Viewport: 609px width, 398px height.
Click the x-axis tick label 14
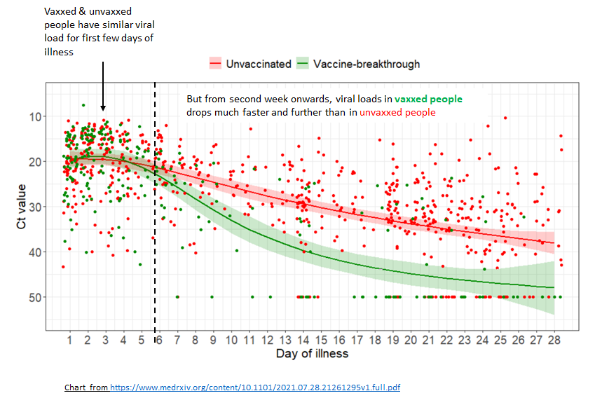[x=303, y=340]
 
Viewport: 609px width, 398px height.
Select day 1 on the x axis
[x=70, y=340]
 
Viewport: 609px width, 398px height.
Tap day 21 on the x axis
[x=429, y=340]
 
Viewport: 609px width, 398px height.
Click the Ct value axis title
[x=22, y=207]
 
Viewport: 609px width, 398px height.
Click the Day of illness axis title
[x=311, y=353]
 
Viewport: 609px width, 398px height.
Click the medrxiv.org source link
[x=254, y=387]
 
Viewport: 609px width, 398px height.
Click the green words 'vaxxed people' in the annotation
[x=428, y=99]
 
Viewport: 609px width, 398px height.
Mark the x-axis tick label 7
[x=178, y=340]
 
